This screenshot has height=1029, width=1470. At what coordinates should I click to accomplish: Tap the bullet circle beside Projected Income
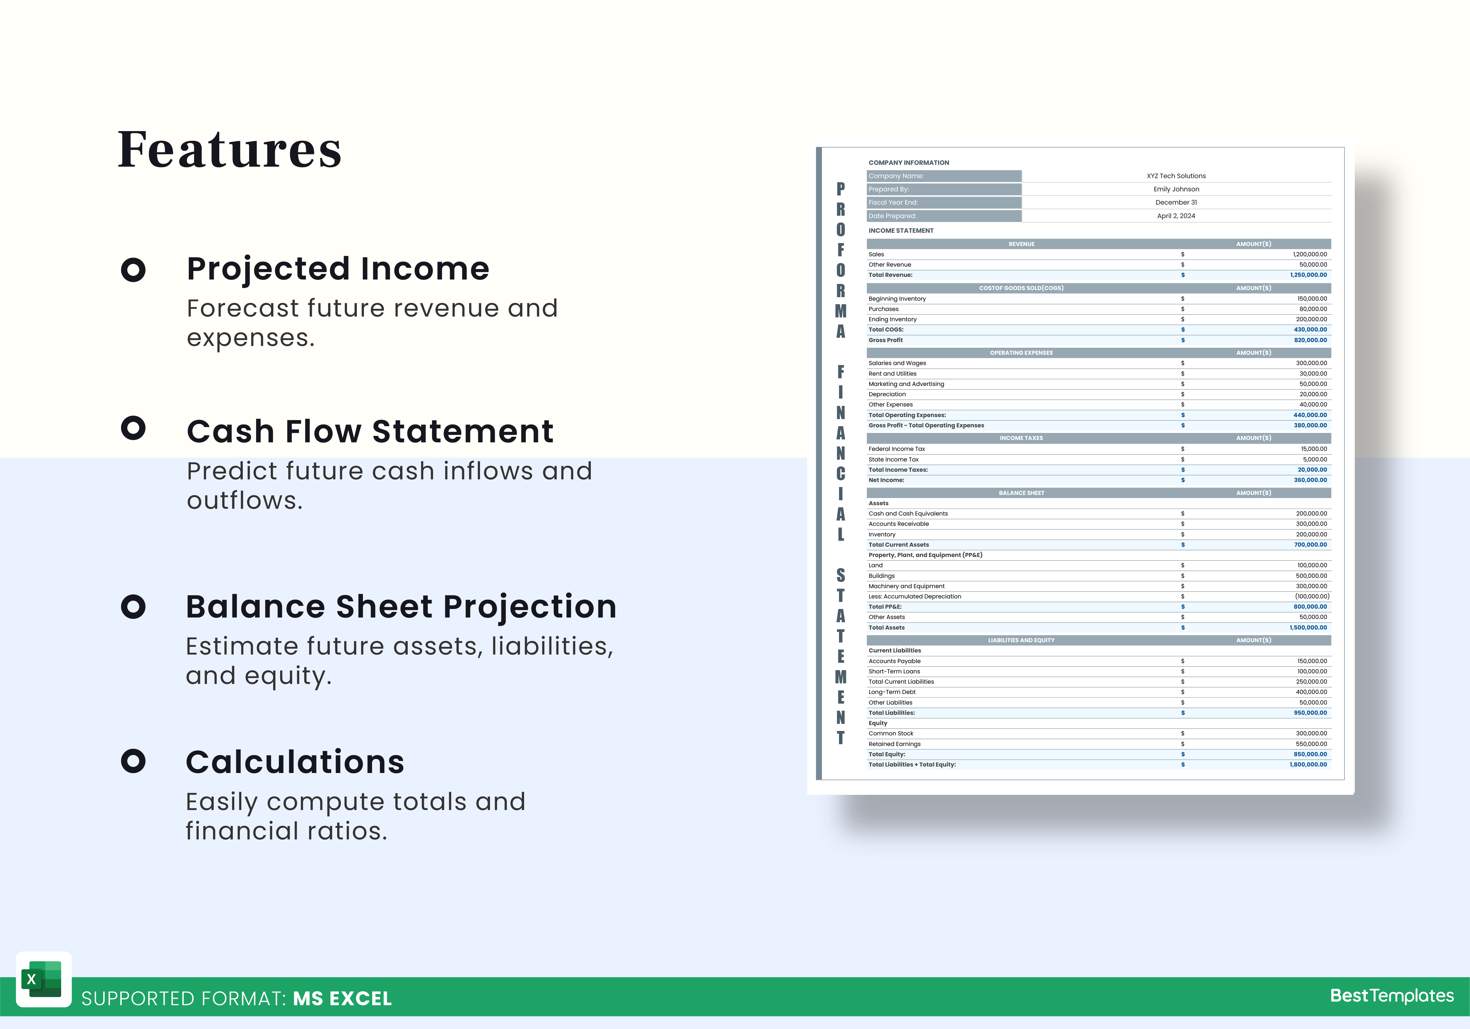pos(133,270)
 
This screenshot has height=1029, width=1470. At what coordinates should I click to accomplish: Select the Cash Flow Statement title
pos(370,431)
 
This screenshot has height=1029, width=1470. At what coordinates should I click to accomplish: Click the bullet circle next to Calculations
pos(133,761)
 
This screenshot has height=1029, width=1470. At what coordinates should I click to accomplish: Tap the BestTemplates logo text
pos(1392,996)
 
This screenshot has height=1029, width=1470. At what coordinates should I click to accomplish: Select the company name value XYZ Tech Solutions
pos(1176,176)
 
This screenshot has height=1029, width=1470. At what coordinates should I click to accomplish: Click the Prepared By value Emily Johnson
pos(1176,189)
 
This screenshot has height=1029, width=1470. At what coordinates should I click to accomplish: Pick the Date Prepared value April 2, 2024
pos(1176,216)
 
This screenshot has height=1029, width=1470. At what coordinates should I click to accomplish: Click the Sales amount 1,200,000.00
pos(1310,254)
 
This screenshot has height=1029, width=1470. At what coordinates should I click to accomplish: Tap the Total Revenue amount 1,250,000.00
pos(1309,275)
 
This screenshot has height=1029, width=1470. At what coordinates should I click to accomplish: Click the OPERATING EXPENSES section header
pos(1021,353)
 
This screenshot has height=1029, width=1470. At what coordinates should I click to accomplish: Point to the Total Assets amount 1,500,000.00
pos(1309,628)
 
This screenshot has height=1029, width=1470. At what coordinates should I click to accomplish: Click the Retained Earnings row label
pos(894,744)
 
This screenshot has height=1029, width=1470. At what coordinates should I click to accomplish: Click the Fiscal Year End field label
pos(893,202)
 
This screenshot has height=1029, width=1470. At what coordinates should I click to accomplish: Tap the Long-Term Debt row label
pos(892,692)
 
